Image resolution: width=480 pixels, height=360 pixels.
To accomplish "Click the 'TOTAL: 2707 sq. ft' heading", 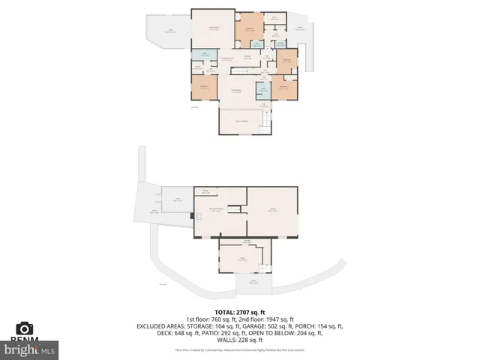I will pyautogui.click(x=240, y=312).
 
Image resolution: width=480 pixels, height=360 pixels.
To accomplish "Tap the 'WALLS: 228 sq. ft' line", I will pyautogui.click(x=240, y=341).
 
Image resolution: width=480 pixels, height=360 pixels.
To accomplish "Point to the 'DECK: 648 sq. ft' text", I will pyautogui.click(x=162, y=334).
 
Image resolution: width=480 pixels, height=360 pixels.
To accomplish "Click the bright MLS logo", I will pyautogui.click(x=30, y=349).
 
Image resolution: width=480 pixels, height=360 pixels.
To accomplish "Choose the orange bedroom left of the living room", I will pyautogui.click(x=204, y=87).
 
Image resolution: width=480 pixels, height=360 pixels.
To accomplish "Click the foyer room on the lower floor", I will pyautogui.click(x=241, y=259).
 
